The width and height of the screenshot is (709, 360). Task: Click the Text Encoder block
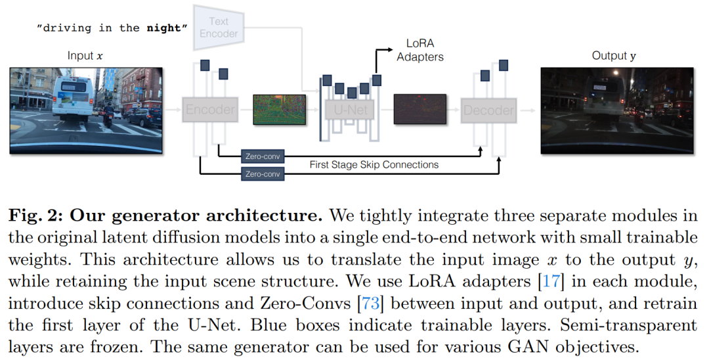point(219,28)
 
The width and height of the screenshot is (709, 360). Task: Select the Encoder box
point(210,110)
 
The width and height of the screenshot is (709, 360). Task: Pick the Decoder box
point(488,110)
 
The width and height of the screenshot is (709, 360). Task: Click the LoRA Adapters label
point(420,50)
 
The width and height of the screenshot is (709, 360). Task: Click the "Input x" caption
point(85,56)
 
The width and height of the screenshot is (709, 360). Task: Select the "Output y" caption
point(614,56)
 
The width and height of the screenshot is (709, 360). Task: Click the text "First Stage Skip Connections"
point(374,165)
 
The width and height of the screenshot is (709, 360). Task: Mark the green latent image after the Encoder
point(280,110)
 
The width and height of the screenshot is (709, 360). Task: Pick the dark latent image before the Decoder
point(420,110)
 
